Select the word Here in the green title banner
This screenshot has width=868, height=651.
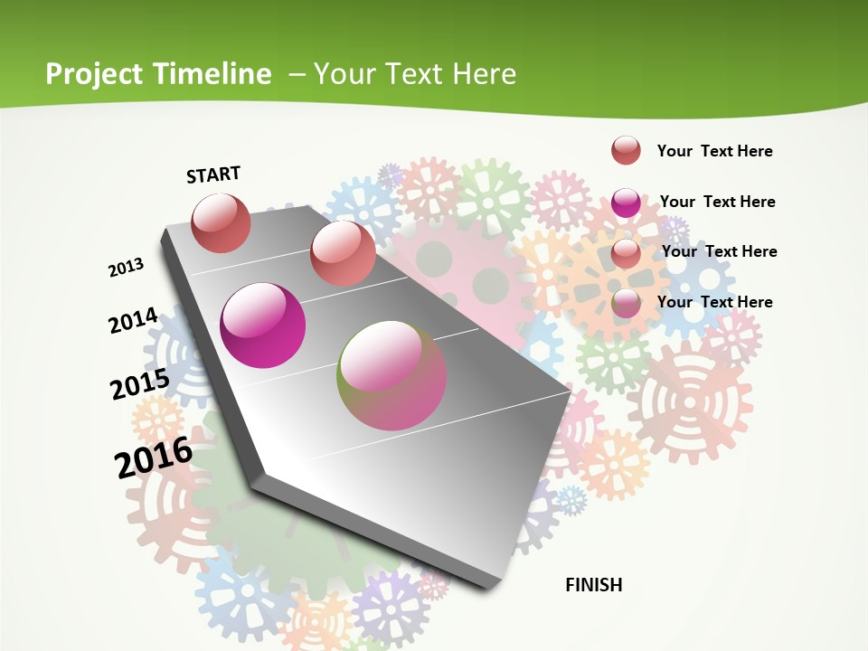[485, 73]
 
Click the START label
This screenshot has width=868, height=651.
[213, 175]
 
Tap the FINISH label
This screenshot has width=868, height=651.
[594, 585]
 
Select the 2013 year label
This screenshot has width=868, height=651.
[127, 268]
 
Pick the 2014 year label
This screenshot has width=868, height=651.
[133, 320]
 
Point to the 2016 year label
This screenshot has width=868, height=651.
[154, 458]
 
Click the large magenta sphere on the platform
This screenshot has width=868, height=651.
[263, 325]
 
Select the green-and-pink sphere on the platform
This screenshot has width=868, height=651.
[392, 375]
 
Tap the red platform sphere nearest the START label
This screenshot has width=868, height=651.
[222, 222]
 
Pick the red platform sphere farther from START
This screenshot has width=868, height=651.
[343, 253]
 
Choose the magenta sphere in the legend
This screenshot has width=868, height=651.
[626, 203]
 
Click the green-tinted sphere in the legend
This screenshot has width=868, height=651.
[626, 304]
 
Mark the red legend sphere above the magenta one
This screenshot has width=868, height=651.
[626, 151]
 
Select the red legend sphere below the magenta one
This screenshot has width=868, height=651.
[626, 253]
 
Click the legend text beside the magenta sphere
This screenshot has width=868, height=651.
[717, 202]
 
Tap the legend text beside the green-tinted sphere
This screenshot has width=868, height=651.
[714, 302]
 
